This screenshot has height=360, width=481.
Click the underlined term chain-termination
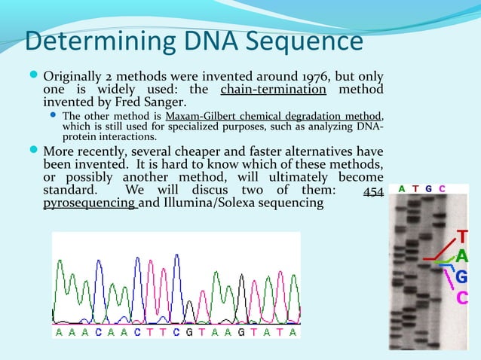click(x=273, y=90)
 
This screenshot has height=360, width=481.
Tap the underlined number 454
click(x=373, y=191)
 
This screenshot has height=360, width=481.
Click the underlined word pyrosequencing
click(x=88, y=204)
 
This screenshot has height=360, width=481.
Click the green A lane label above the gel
click(x=403, y=188)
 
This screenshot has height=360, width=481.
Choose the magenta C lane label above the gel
click(x=442, y=188)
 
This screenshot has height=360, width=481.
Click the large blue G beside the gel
click(x=461, y=277)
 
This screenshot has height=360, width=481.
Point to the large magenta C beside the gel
click(x=461, y=297)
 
